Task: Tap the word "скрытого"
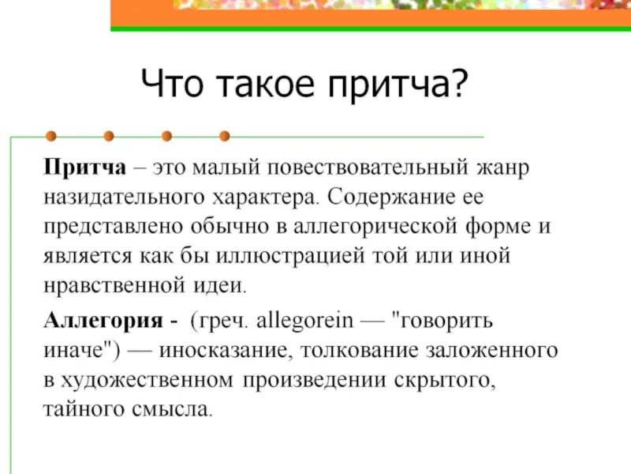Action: pos(442,380)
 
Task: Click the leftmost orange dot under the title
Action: pos(50,136)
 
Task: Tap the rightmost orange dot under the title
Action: pos(224,136)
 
